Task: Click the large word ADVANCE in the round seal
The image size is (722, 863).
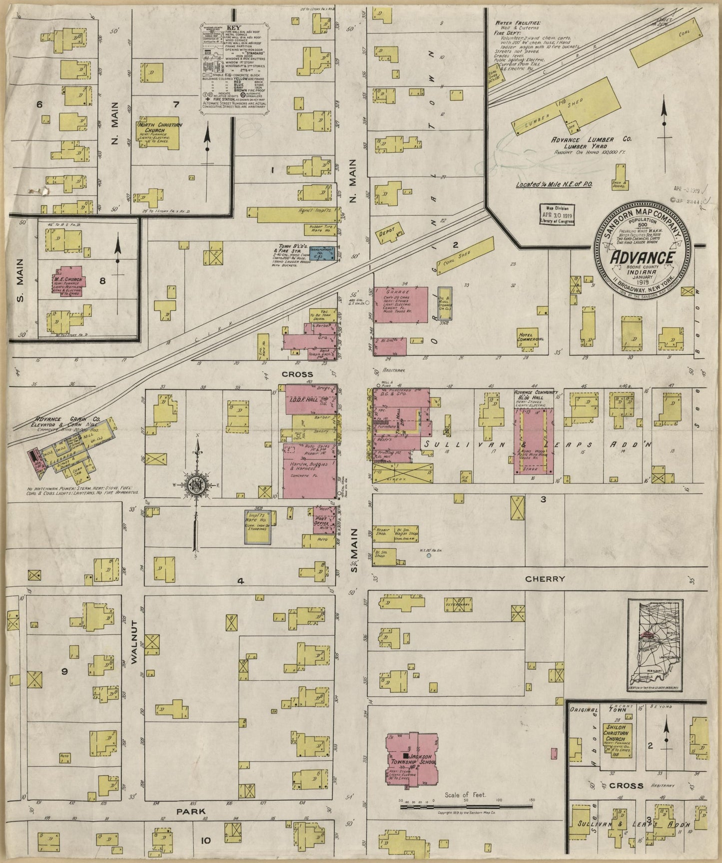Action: pos(642,258)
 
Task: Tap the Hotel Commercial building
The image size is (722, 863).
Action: pos(530,339)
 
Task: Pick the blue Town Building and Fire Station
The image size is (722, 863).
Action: pos(326,255)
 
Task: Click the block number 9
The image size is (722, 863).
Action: pos(64,671)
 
